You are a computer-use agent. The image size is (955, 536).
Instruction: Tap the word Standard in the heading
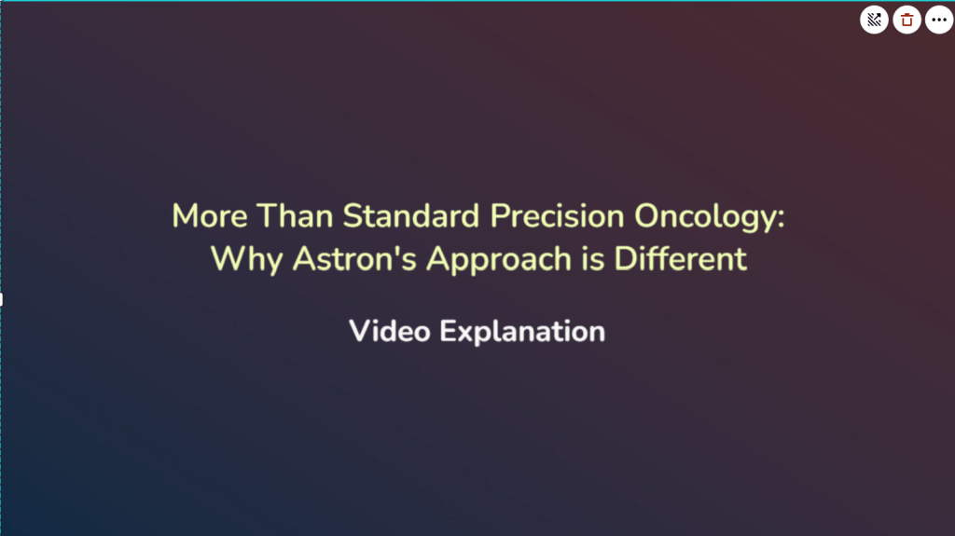(411, 216)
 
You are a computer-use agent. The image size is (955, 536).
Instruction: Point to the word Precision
(558, 216)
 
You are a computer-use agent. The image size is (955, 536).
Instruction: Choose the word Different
(681, 258)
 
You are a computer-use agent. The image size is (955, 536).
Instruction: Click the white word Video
(390, 331)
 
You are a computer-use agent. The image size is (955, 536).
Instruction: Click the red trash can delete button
(907, 20)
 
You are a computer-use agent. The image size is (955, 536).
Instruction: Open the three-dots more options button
(938, 20)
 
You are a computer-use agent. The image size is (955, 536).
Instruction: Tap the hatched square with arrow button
(874, 20)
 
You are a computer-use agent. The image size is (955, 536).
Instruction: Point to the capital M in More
(185, 216)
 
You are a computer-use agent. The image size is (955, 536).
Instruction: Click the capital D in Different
(625, 258)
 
